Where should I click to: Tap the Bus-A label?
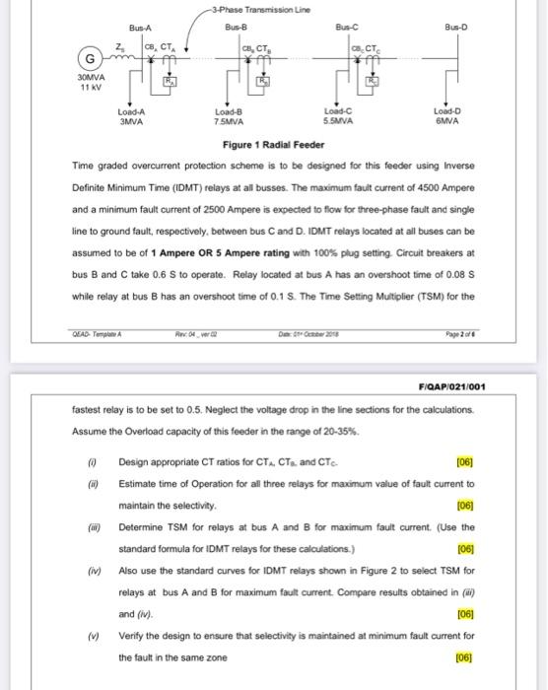140,27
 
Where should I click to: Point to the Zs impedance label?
119,46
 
